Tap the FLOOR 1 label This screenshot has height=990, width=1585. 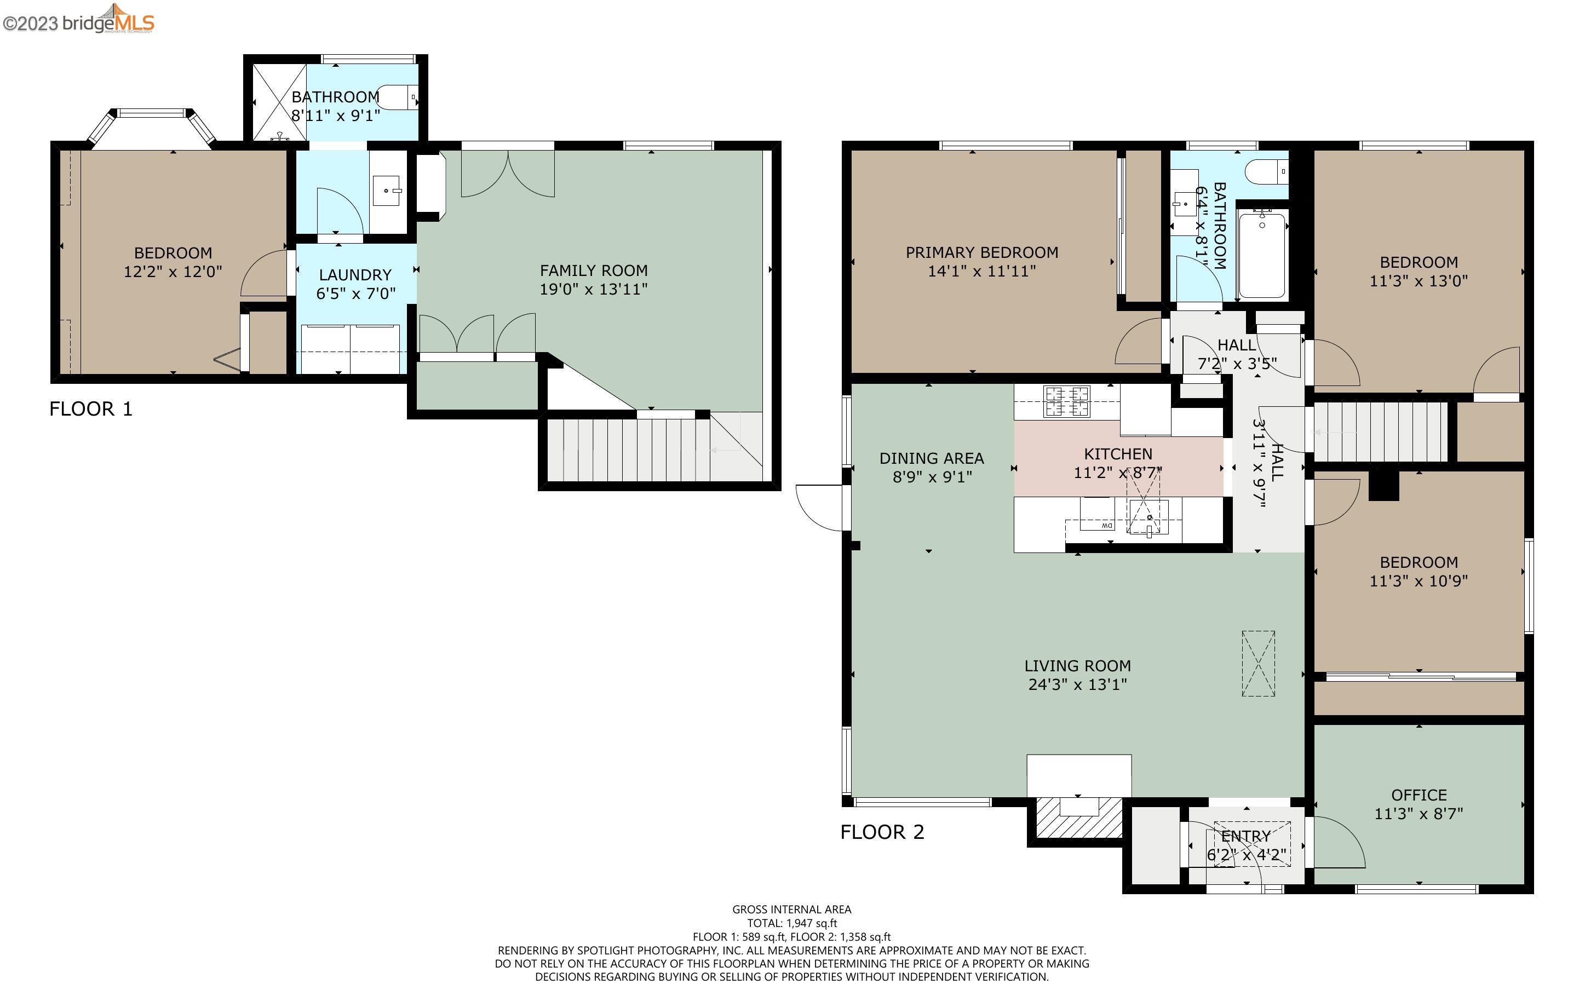[91, 409]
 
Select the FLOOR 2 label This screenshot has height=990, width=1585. [882, 832]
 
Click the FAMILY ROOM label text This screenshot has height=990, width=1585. [594, 270]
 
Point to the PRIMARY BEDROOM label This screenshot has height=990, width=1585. [981, 253]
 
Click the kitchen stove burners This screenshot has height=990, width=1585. [1066, 401]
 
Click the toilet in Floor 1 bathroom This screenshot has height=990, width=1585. [399, 98]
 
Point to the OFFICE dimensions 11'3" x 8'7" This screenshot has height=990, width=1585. [1418, 814]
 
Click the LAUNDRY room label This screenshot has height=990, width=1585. [355, 275]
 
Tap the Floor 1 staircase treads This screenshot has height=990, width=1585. [629, 451]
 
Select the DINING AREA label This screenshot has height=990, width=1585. [932, 458]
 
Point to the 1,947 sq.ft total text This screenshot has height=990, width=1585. [791, 923]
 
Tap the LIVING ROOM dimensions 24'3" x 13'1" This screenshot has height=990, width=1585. [1078, 685]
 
